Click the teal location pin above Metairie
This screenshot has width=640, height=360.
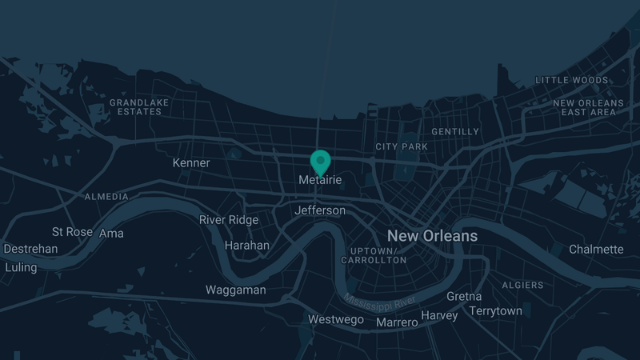320,161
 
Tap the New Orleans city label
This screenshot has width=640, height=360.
432,236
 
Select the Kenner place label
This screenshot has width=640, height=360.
191,163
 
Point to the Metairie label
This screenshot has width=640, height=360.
320,181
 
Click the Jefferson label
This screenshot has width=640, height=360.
320,211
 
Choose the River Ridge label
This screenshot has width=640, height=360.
229,220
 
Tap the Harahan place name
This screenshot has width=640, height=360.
247,246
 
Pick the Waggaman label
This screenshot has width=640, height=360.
235,290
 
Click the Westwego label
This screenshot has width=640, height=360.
336,320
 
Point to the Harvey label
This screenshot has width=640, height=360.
439,315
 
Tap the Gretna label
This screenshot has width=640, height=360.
464,297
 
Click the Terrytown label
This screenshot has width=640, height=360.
495,310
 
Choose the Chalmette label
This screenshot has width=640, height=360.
596,250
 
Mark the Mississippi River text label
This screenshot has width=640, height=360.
381,305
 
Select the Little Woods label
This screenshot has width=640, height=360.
571,80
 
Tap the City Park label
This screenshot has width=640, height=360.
402,146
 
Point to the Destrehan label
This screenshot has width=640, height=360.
31,249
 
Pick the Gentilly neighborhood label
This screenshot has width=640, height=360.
455,131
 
